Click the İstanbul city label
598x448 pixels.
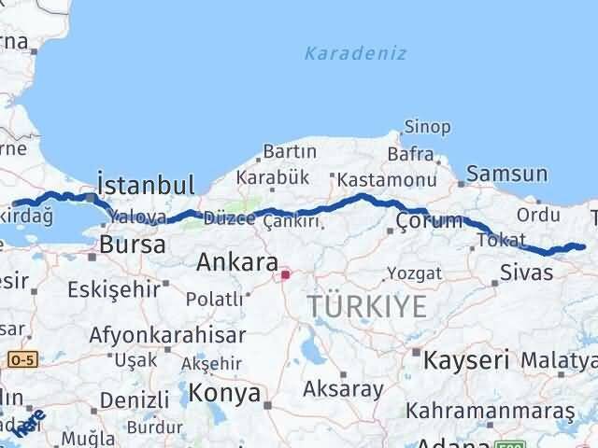(146, 183)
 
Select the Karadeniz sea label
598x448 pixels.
(355, 53)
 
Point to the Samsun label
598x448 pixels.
(506, 174)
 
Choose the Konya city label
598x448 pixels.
(224, 393)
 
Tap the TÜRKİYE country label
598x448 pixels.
(367, 305)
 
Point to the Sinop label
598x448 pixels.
(427, 127)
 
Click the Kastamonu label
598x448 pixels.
(387, 179)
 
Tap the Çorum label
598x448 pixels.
(429, 221)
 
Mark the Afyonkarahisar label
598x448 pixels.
(168, 334)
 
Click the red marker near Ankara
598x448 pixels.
(285, 275)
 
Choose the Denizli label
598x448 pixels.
(133, 399)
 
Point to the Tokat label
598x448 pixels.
(494, 240)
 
